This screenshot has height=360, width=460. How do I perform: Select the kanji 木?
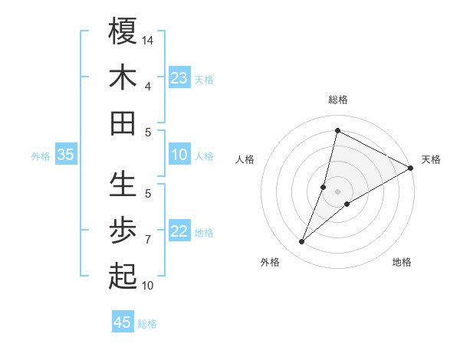coord(123,77)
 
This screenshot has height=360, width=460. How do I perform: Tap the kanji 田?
coord(123,123)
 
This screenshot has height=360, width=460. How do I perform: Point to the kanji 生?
coord(123,184)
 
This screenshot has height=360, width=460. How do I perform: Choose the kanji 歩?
coord(123,231)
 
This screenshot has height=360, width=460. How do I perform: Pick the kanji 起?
coord(123,277)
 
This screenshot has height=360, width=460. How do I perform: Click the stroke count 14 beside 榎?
coord(149,39)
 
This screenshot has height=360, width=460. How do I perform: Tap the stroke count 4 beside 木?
coord(148,86)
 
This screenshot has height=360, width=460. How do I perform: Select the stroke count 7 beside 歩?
coord(148,240)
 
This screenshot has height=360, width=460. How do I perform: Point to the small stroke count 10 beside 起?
coord(148,286)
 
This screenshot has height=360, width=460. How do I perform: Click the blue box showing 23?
coord(179,78)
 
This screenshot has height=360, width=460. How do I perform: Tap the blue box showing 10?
coord(179,155)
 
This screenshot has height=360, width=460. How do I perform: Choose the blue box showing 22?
coord(179,231)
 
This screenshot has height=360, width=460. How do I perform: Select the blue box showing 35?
coord(66,155)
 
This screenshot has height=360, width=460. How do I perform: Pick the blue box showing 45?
coord(123,322)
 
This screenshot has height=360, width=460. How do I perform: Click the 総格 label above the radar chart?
coord(337,100)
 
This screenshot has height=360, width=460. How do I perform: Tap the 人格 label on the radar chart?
coord(245,159)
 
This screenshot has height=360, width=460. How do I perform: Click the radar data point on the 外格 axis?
coord(302,242)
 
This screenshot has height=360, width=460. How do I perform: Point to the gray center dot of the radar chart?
coord(337,191)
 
